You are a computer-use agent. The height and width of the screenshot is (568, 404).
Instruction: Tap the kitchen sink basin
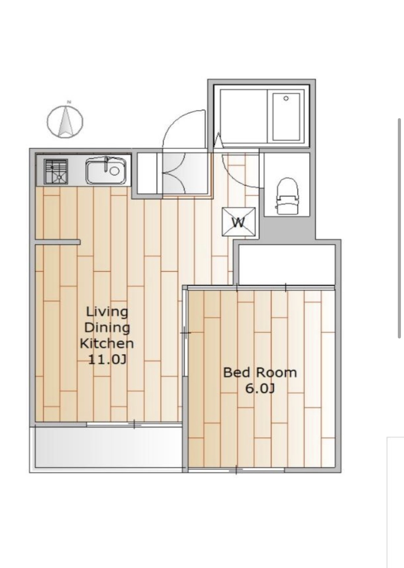[106, 170]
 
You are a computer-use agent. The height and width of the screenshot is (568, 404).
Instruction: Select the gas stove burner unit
[56, 171]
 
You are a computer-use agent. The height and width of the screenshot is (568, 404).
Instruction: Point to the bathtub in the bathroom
[286, 116]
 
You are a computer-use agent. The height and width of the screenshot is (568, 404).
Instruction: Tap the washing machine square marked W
[238, 222]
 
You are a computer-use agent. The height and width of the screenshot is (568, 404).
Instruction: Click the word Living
[107, 312]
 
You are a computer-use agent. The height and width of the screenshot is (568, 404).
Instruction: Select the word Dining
[107, 328]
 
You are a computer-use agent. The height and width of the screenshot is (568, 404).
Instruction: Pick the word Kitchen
[107, 344]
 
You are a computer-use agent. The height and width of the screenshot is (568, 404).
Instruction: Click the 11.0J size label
[107, 359]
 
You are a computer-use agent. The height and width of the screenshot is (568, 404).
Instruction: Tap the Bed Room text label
[260, 373]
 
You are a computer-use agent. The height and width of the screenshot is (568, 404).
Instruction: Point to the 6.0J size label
[260, 388]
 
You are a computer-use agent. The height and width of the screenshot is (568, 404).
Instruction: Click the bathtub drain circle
[286, 98]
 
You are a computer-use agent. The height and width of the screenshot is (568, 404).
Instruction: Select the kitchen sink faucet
[107, 163]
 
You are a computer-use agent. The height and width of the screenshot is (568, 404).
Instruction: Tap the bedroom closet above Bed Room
[287, 265]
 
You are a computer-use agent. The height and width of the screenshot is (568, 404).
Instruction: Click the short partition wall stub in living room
[58, 242]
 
